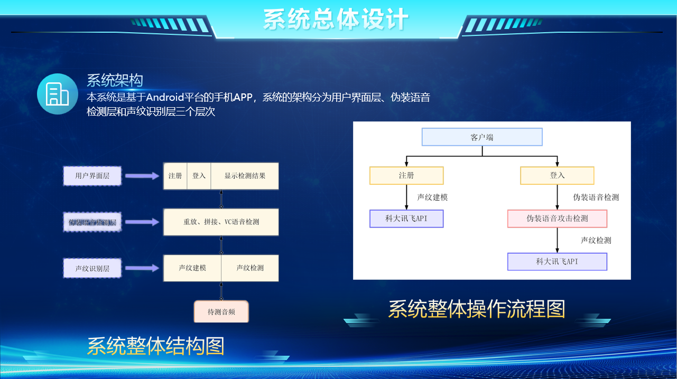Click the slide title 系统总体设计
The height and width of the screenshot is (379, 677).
(x=336, y=19)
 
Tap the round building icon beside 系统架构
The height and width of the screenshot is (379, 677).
(x=58, y=94)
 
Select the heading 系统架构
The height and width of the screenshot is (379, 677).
(x=115, y=80)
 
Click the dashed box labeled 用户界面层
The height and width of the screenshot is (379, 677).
(x=92, y=176)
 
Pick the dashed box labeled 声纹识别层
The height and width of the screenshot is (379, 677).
(x=92, y=268)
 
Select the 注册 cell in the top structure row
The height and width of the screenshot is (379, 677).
(x=175, y=176)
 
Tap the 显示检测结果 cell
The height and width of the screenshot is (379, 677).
(x=244, y=176)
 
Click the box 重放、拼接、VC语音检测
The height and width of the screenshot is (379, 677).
(x=221, y=222)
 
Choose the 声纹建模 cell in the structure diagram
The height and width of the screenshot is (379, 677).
(x=192, y=268)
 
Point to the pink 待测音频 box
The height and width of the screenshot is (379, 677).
(x=221, y=311)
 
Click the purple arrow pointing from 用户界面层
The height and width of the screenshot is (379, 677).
(x=142, y=176)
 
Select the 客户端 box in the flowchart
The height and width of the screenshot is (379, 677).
(x=482, y=137)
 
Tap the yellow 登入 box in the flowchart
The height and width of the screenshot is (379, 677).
(x=557, y=175)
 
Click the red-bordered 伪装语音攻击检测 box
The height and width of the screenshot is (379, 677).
(x=557, y=219)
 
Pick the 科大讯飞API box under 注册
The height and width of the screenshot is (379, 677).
(x=406, y=219)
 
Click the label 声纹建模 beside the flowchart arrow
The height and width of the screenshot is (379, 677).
(x=432, y=197)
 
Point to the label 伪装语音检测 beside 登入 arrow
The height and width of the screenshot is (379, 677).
(x=596, y=197)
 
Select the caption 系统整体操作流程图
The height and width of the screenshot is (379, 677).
(x=477, y=309)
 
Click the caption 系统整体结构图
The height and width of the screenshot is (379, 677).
(x=155, y=346)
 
